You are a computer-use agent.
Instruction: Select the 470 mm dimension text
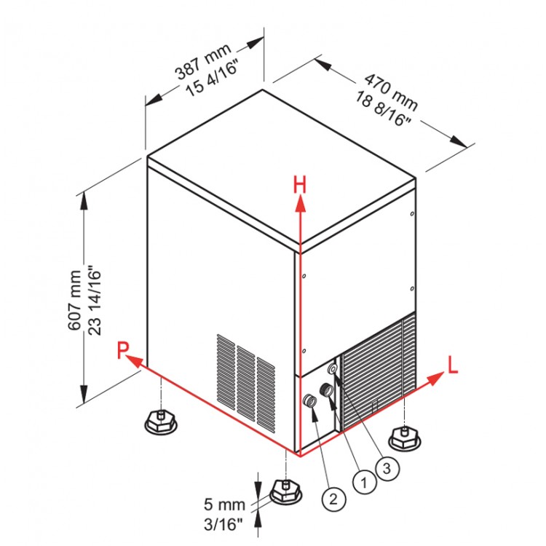[390, 86]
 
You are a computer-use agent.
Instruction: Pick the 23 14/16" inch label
[92, 300]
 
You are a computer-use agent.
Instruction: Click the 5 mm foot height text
[224, 502]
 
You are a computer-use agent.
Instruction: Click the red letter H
[299, 185]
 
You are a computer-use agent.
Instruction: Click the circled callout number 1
[362, 479]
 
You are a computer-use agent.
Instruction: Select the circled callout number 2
[333, 499]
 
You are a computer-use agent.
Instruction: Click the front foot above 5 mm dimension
[285, 492]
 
